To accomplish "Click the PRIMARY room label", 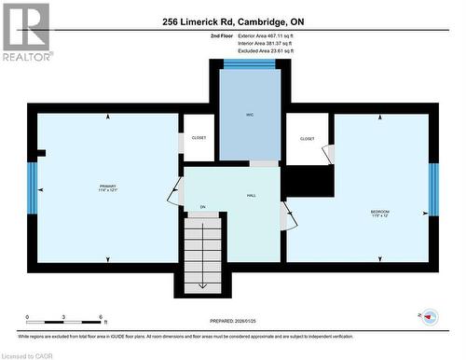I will click(x=107, y=187).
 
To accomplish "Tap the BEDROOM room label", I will click(x=379, y=213).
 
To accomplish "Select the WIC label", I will click(x=250, y=115).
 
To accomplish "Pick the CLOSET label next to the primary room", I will click(x=199, y=137).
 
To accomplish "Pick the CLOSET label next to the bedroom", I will click(x=307, y=138).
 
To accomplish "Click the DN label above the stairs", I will click(x=202, y=207).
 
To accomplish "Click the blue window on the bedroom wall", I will click(x=433, y=188).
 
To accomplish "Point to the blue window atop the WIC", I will click(x=249, y=63).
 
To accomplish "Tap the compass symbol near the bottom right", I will click(x=431, y=316).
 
